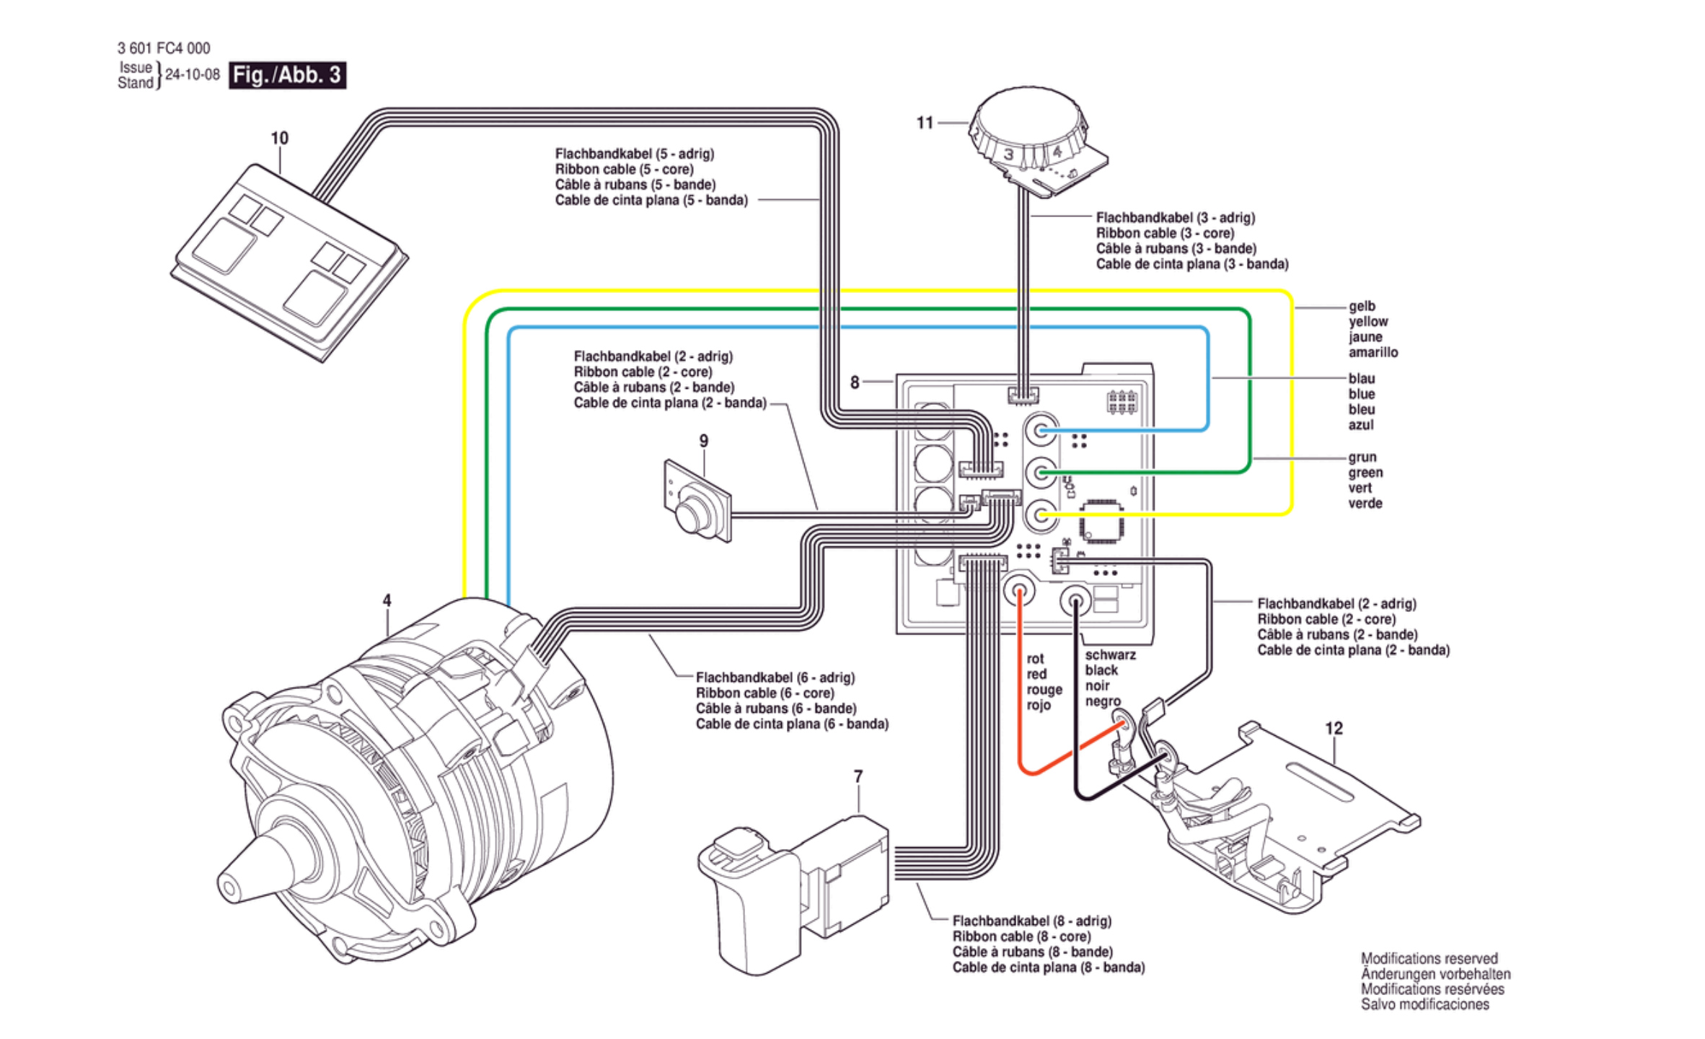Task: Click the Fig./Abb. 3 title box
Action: pyautogui.click(x=287, y=75)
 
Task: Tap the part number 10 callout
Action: pyautogui.click(x=279, y=138)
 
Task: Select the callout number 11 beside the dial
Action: pyautogui.click(x=925, y=123)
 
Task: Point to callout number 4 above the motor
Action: pyautogui.click(x=387, y=600)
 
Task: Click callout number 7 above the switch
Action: pyautogui.click(x=858, y=776)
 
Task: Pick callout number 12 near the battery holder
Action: pyautogui.click(x=1334, y=728)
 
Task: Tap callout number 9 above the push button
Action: pyautogui.click(x=704, y=440)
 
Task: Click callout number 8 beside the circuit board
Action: pyautogui.click(x=855, y=382)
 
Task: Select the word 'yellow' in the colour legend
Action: pyautogui.click(x=1368, y=322)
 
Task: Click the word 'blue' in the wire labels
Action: pyautogui.click(x=1362, y=394)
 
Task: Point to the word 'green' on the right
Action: pyautogui.click(x=1365, y=473)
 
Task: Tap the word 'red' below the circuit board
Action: pyautogui.click(x=1036, y=674)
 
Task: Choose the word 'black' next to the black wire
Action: pyautogui.click(x=1101, y=670)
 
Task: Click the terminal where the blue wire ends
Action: pyautogui.click(x=1041, y=431)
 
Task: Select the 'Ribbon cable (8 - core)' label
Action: pyautogui.click(x=1021, y=937)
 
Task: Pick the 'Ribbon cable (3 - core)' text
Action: pyautogui.click(x=1165, y=233)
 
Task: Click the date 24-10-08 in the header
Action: pyautogui.click(x=193, y=75)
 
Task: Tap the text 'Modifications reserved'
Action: pyautogui.click(x=1429, y=959)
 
